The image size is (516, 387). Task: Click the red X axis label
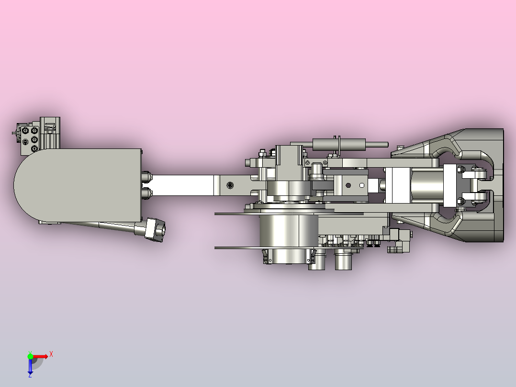pyautogui.click(x=51, y=354)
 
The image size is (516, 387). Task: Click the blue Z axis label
pyautogui.click(x=30, y=375)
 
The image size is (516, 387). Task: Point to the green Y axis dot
pyautogui.click(x=30, y=356)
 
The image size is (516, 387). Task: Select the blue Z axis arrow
pyautogui.click(x=30, y=366)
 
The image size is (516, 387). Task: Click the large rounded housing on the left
pyautogui.click(x=78, y=185)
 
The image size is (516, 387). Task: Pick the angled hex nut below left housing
pyautogui.click(x=155, y=229)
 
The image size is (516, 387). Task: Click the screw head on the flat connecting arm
pyautogui.click(x=230, y=185)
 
